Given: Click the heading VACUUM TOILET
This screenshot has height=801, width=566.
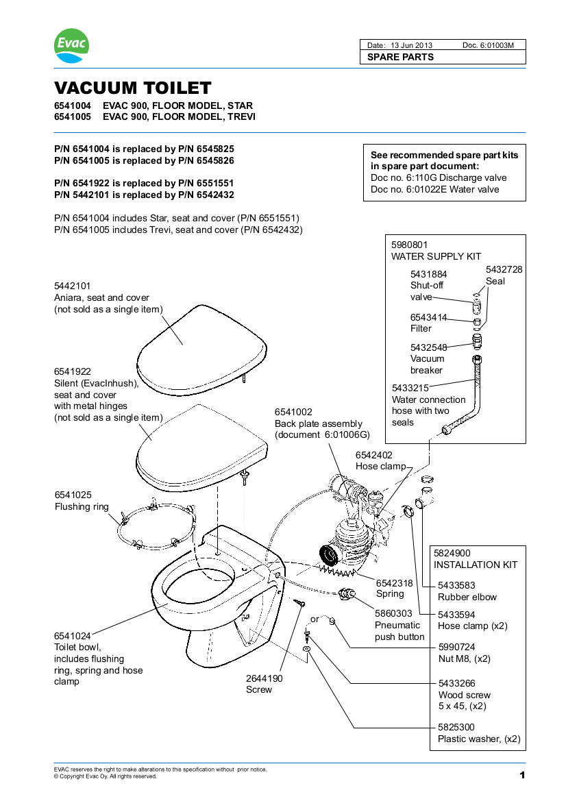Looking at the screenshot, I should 133,88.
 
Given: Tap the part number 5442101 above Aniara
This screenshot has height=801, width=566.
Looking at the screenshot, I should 73,286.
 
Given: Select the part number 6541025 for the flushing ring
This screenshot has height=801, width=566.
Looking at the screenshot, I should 73,495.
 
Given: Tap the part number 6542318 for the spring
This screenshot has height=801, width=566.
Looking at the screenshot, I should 395,582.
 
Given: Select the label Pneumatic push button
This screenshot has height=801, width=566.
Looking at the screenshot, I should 399,631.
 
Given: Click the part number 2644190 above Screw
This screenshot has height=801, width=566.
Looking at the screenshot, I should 264,678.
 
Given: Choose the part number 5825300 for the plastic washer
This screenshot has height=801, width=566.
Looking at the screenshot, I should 456,727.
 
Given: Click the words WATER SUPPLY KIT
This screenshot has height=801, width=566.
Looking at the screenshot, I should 436,256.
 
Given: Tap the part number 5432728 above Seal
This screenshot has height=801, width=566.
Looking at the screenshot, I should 504,270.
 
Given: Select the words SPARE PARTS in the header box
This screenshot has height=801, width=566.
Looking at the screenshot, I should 400,57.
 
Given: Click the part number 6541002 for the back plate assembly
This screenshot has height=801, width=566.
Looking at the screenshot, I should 293,412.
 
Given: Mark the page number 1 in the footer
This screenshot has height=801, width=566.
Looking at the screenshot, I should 521,775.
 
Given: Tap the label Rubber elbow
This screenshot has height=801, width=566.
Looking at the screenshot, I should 467,597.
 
